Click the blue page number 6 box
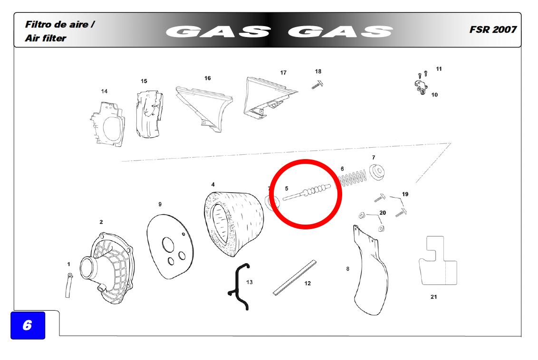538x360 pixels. tap(28, 325)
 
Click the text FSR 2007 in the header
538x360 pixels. tap(493, 29)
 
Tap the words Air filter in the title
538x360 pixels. tap(45, 38)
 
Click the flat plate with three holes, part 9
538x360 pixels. tap(170, 246)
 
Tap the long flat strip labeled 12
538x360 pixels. tap(294, 278)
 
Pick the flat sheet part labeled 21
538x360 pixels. tap(437, 261)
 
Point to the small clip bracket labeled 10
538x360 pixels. tap(421, 86)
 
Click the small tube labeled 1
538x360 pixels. tap(68, 285)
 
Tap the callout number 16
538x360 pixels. tap(208, 78)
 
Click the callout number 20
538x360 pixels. tap(383, 213)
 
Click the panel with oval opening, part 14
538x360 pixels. tap(107, 124)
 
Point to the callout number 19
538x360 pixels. tap(405, 194)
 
